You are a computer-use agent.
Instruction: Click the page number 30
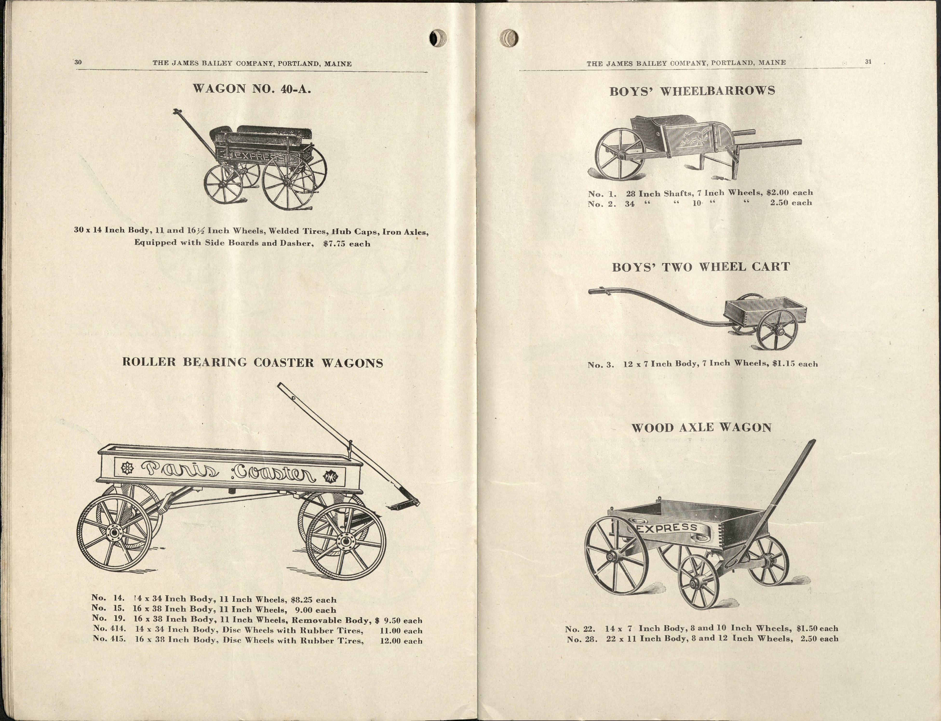78,62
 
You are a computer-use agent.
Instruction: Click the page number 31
868,62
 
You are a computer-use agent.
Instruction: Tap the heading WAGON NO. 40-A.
252,89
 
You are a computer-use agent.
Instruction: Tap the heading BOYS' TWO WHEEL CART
701,267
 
